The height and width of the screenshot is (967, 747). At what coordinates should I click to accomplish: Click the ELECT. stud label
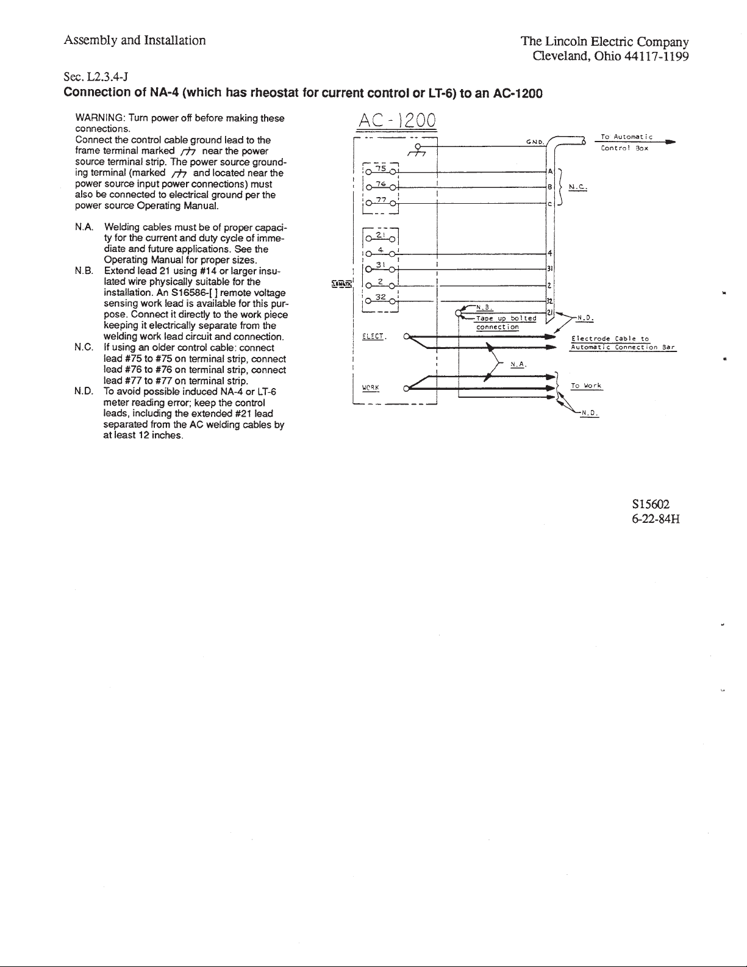pos(372,336)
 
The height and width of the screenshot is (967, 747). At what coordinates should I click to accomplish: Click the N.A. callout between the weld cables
pos(518,365)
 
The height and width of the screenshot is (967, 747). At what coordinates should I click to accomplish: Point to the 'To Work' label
pos(586,386)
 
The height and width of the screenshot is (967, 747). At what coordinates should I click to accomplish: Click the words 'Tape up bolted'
pos(506,318)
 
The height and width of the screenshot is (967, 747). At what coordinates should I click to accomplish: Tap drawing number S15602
pos(651,505)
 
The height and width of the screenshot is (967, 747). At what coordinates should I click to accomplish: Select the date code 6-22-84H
pos(655,519)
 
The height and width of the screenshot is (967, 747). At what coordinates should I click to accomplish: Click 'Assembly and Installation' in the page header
pos(134,41)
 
